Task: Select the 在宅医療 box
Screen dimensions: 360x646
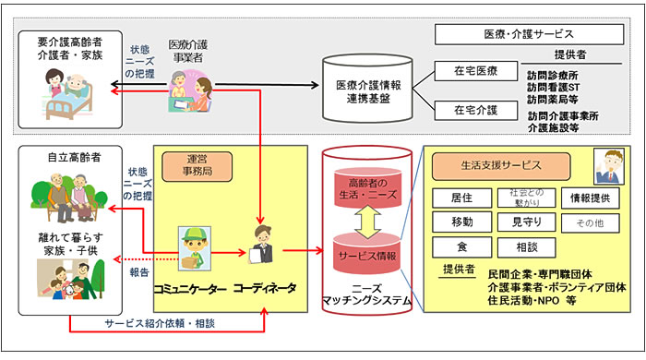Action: (x=475, y=70)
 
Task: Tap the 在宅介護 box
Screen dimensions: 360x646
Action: (x=475, y=109)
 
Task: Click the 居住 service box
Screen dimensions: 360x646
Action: (x=461, y=197)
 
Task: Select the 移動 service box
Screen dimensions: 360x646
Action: (x=461, y=222)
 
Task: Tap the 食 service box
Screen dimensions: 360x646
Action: (x=461, y=247)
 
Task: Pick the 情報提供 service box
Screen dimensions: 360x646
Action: (x=591, y=197)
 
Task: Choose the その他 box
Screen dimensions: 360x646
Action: (x=591, y=222)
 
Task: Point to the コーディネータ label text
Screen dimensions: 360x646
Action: (x=266, y=289)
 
